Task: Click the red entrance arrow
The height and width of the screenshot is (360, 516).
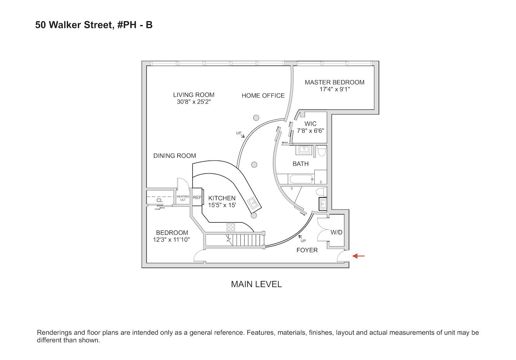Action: [x=358, y=256]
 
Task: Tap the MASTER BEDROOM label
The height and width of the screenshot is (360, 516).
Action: [x=334, y=82]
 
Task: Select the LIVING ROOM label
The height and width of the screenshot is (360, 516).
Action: [x=194, y=95]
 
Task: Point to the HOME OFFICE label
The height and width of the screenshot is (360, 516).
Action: [x=263, y=95]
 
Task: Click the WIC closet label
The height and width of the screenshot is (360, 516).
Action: [x=310, y=124]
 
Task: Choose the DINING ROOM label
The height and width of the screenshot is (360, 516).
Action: [x=175, y=156]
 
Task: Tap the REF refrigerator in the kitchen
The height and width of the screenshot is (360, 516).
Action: [x=197, y=197]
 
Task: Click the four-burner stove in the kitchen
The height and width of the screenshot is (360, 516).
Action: [x=230, y=227]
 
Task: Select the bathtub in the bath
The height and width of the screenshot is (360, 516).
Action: [x=301, y=179]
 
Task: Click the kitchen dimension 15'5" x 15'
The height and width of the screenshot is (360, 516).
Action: [x=222, y=205]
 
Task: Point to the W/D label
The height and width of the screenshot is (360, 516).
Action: [x=336, y=232]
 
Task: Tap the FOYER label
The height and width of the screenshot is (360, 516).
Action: [x=307, y=250]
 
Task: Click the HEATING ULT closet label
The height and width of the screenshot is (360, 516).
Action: [x=183, y=198]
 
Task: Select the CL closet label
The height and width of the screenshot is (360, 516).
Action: [x=159, y=201]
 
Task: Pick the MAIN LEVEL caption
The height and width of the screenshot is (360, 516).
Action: [x=256, y=284]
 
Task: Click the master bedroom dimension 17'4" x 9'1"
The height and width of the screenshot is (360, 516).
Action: [x=334, y=89]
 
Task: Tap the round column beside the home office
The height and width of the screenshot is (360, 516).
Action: [x=256, y=118]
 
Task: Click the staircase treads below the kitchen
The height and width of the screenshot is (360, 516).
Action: [x=247, y=240]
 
